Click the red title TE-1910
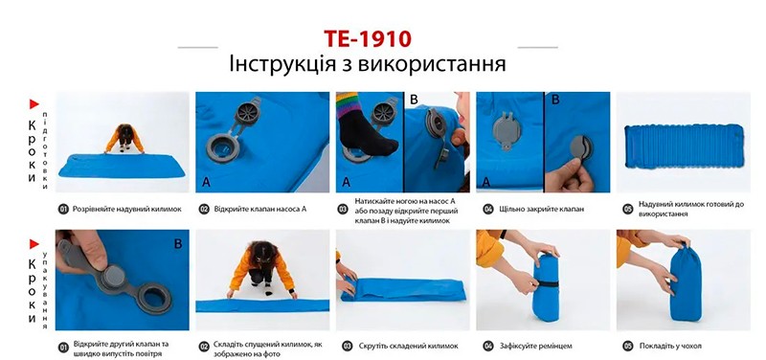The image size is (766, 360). pos(368,39)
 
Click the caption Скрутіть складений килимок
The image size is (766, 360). pos(403,345)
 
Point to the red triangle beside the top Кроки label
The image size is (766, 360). pos(34,103)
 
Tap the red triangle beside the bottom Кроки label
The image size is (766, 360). pos(34,240)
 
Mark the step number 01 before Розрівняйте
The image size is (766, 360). pos(63,208)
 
